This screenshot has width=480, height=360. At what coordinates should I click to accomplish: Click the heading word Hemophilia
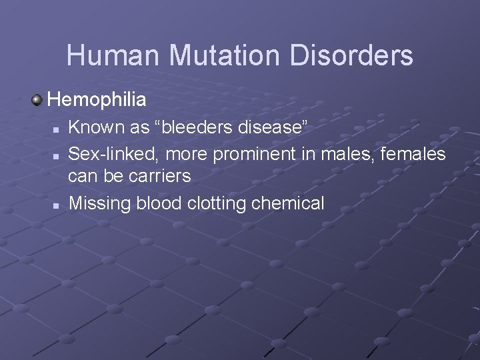point(97,100)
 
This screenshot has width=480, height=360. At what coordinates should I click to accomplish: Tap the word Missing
point(100,203)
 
